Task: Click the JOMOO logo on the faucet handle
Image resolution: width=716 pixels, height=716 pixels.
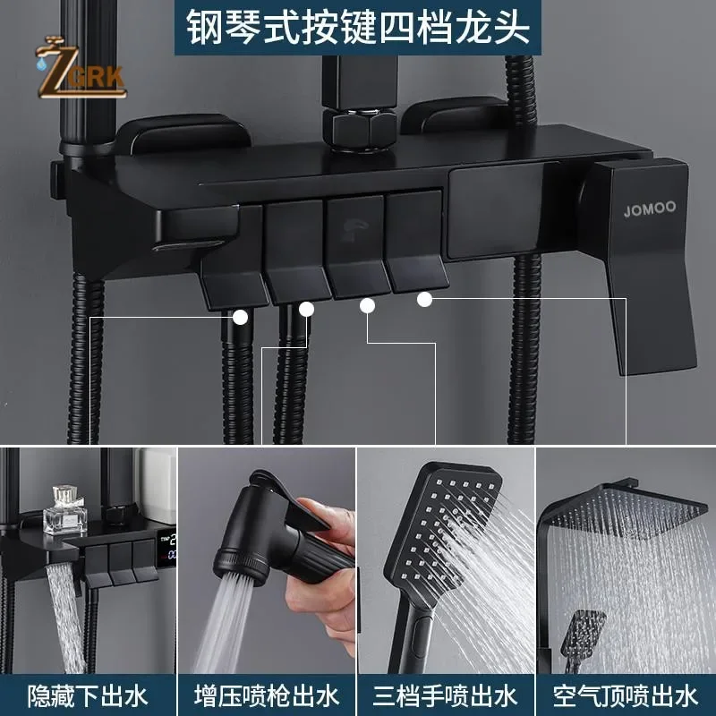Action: (x=651, y=209)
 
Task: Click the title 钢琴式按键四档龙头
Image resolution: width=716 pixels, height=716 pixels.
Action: (x=357, y=27)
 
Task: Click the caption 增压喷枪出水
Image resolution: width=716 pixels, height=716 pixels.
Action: (x=267, y=694)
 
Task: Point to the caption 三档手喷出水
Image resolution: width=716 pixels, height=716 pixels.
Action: (x=446, y=694)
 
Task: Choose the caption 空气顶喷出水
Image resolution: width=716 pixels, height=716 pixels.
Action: (x=625, y=694)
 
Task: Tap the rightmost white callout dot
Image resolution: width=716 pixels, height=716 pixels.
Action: (x=424, y=299)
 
